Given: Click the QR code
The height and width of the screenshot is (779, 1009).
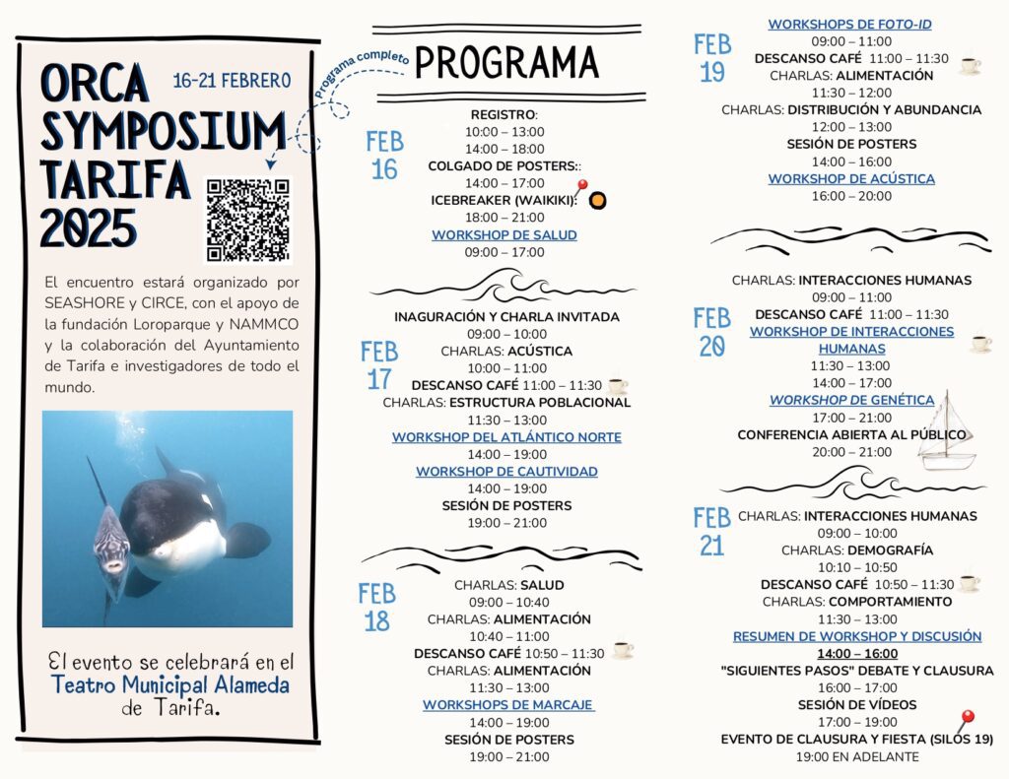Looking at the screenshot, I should point(247,220).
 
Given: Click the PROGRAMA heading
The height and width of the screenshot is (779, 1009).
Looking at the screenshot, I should point(506,62).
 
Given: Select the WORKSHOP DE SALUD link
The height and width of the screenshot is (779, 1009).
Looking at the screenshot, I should point(504,235).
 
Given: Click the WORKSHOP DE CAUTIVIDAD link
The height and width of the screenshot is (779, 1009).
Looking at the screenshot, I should point(506,472).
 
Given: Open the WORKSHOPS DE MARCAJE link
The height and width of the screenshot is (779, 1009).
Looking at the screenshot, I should point(508,705).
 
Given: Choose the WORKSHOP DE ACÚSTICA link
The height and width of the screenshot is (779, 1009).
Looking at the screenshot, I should point(851,179).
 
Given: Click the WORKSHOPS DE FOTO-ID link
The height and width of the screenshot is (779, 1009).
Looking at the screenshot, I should point(849,25).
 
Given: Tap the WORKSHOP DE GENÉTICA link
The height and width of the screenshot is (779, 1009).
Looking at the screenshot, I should point(851,400).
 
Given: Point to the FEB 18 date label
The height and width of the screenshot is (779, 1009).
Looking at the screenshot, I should point(376,607).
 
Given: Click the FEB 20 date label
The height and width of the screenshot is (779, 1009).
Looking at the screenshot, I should point(711,332).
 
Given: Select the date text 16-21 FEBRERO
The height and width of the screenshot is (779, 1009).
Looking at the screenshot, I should point(232,81).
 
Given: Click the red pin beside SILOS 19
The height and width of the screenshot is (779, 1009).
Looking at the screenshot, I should point(966,720).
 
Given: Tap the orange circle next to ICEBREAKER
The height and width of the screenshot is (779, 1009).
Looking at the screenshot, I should point(597,201).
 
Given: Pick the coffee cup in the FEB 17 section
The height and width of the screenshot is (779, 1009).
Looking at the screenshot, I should point(617,386).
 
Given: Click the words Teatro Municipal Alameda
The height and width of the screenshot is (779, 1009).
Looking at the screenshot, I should point(170,685).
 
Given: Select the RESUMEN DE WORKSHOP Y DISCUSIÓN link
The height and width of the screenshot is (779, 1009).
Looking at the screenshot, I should point(856,636).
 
